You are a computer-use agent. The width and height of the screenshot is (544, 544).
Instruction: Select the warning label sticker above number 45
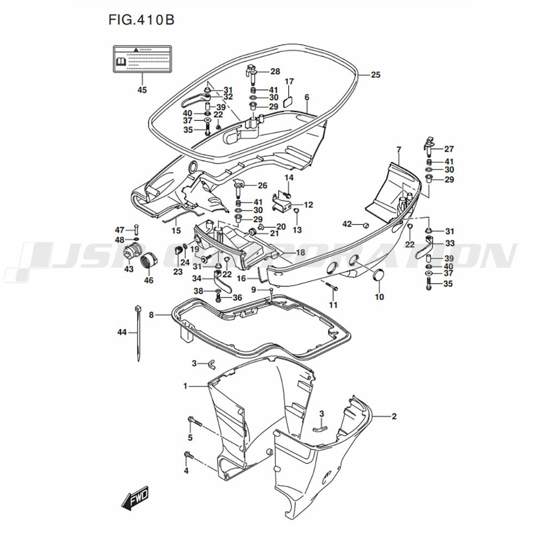pyautogui.click(x=141, y=59)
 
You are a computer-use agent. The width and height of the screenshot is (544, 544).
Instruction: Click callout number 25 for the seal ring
pyautogui.click(x=375, y=75)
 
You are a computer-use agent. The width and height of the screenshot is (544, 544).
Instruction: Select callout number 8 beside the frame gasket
pyautogui.click(x=152, y=314)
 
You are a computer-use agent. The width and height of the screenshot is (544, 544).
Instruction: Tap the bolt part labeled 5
pyautogui.click(x=194, y=421)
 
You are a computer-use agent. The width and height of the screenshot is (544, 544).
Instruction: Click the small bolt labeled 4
pyautogui.click(x=188, y=454)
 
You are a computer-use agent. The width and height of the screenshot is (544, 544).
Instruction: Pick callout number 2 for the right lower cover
pyautogui.click(x=394, y=417)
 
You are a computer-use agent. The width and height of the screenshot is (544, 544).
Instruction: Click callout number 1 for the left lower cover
pyautogui.click(x=186, y=386)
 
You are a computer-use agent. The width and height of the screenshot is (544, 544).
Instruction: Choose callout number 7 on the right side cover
pyautogui.click(x=399, y=149)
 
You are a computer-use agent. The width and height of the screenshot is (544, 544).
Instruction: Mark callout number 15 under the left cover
pyautogui.click(x=176, y=231)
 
